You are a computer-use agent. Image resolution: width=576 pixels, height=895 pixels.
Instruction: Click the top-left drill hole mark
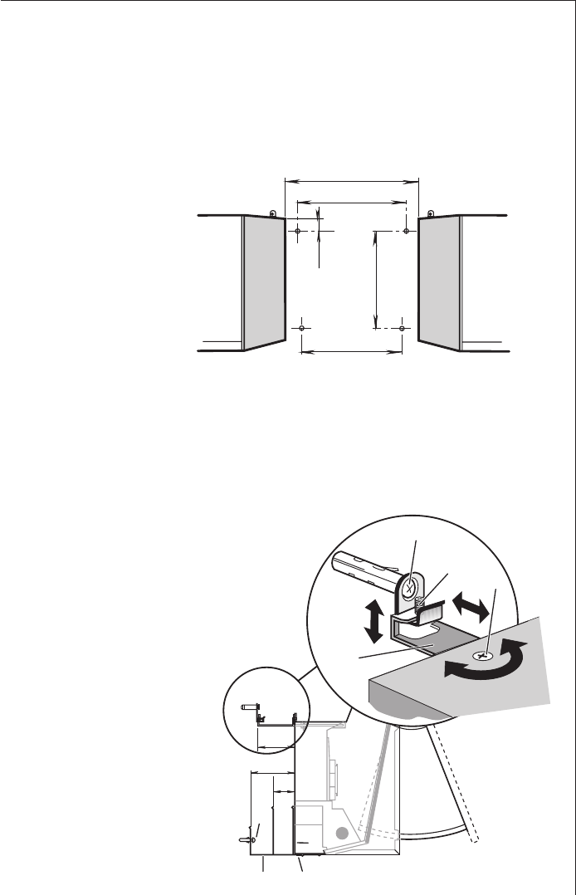point(298,231)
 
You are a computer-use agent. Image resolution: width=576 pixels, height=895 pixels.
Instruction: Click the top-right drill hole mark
point(405,231)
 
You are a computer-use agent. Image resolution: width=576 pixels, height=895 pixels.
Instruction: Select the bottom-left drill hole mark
point(303,329)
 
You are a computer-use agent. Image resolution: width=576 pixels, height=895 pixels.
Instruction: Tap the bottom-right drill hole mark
point(402,329)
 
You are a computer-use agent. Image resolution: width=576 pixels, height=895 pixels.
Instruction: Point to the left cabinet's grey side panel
point(265,281)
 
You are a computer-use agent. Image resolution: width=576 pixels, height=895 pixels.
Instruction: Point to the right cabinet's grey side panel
point(439,281)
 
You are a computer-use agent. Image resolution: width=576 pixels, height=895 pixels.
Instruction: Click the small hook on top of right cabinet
point(429,214)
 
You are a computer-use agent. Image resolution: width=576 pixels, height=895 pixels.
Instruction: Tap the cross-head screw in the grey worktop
point(481,656)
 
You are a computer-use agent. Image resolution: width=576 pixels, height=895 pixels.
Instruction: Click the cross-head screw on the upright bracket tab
point(410,587)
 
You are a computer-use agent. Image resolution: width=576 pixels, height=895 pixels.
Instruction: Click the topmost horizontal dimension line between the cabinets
point(352,179)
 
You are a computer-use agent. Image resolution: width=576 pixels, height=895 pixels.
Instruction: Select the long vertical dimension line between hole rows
point(377,280)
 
